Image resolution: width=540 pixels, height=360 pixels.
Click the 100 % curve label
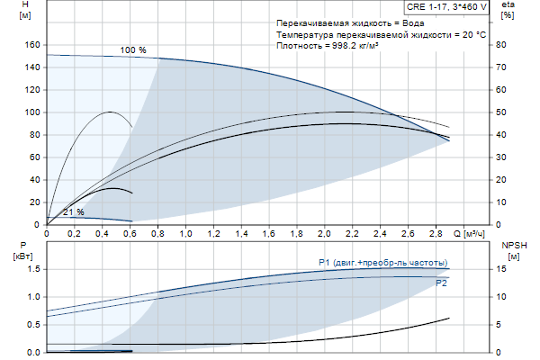tap(133, 50)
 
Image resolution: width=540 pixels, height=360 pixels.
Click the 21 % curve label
tap(73, 212)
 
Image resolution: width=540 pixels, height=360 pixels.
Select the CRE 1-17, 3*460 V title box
tap(446, 6)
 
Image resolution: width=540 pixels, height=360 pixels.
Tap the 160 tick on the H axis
tap(32, 44)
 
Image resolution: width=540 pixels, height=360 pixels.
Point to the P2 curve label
tap(441, 283)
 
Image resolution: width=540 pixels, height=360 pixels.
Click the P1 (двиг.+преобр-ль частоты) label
tap(383, 262)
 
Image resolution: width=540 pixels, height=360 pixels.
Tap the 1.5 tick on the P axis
tap(33, 268)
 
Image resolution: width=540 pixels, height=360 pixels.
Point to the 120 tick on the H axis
tap(32, 89)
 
